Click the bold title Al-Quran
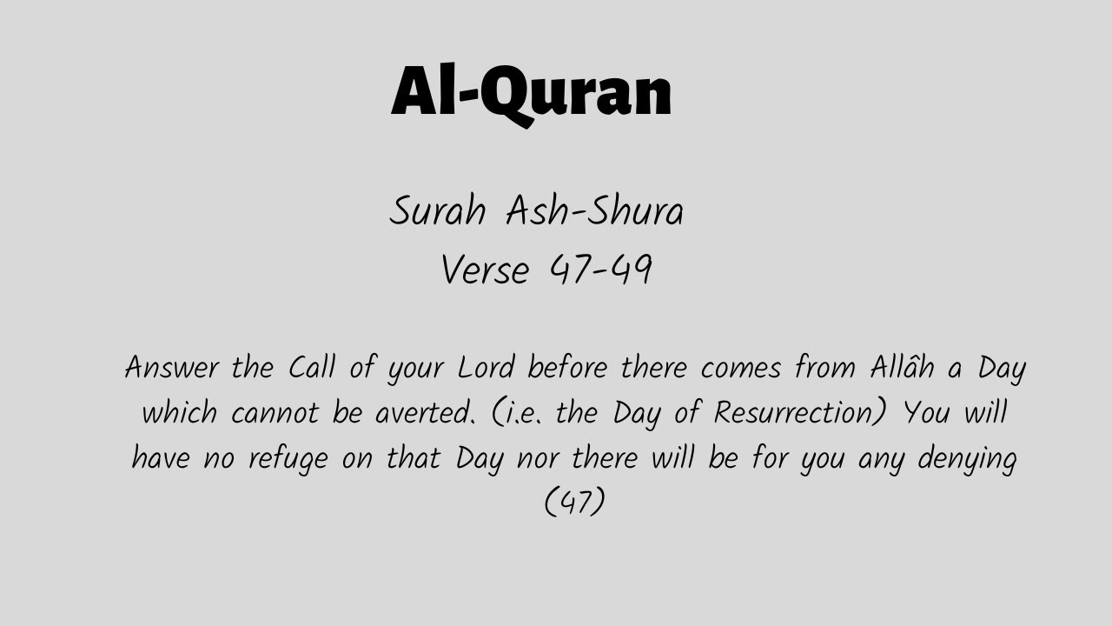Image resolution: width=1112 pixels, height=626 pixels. click(x=531, y=91)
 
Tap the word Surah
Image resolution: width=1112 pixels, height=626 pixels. click(x=436, y=211)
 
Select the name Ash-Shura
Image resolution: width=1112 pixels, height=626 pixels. click(x=595, y=211)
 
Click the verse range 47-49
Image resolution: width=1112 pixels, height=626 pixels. click(x=600, y=270)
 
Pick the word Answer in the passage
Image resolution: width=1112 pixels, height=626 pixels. click(x=171, y=368)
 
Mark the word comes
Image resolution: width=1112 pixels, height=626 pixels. click(x=742, y=368)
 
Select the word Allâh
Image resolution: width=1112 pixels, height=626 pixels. click(x=902, y=368)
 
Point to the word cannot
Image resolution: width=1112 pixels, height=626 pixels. click(x=275, y=413)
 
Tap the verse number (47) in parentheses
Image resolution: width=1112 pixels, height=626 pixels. click(x=573, y=503)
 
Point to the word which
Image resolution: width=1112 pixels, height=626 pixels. click(x=180, y=413)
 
